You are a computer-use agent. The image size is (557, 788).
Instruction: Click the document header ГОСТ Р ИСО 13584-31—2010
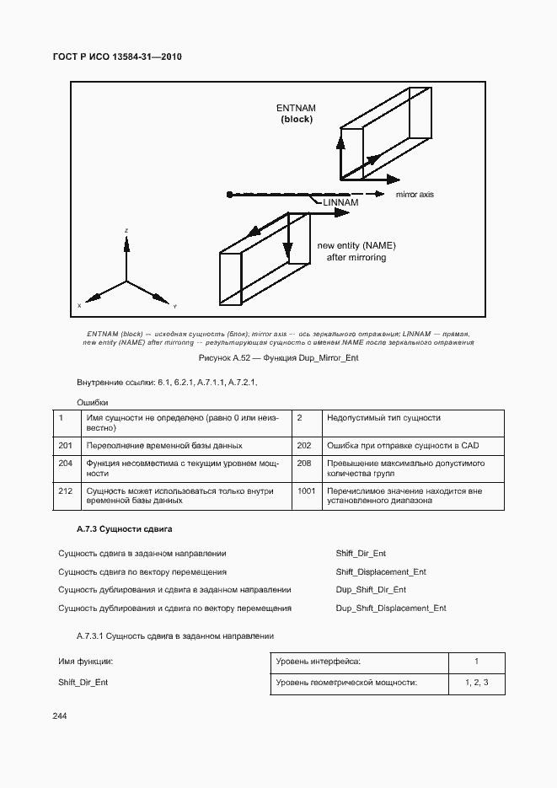point(118,56)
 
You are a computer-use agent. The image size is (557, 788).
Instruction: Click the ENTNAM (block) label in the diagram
point(296,114)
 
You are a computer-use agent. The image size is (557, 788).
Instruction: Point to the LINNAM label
point(340,203)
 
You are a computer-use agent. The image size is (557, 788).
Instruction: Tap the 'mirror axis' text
point(415,195)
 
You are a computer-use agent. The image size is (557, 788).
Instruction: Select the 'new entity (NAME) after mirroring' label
point(356,251)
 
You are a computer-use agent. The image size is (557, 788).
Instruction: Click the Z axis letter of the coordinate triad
point(126,230)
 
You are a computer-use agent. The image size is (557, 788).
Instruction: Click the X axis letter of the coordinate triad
point(79,305)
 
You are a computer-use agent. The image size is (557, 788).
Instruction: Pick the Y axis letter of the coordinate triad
point(174,305)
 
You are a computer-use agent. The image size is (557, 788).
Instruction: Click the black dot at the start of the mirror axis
point(230,195)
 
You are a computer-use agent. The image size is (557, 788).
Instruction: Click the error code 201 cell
point(66,445)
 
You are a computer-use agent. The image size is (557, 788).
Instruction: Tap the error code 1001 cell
point(306,490)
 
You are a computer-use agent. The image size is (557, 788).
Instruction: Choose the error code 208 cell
point(305,463)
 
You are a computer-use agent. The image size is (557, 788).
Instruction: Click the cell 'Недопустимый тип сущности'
point(383,418)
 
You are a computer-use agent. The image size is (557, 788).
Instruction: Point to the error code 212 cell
point(66,490)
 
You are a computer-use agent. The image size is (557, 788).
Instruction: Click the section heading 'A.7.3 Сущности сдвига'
point(124,528)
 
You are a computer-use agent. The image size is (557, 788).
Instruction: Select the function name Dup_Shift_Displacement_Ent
point(391,608)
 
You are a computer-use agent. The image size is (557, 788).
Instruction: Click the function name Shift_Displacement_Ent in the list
point(381,571)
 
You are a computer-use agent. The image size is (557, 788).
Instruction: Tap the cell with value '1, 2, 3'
point(476,683)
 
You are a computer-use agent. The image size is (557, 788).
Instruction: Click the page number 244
point(60,716)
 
